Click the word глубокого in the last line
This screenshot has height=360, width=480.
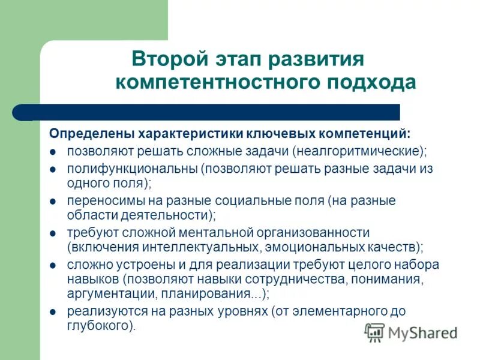98,326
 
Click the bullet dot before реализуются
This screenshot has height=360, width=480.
53,312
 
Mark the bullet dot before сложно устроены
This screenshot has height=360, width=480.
53,265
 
